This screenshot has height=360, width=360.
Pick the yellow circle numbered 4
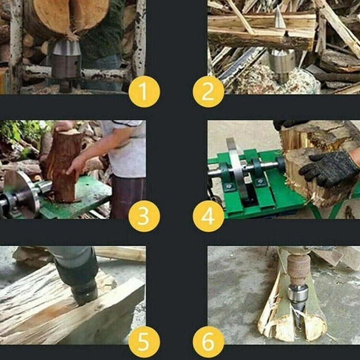(208, 216)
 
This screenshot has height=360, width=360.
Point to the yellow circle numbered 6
(208, 341)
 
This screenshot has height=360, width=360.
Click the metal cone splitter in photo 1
(66, 58)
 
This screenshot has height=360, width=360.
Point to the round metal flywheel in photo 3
(20, 193)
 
